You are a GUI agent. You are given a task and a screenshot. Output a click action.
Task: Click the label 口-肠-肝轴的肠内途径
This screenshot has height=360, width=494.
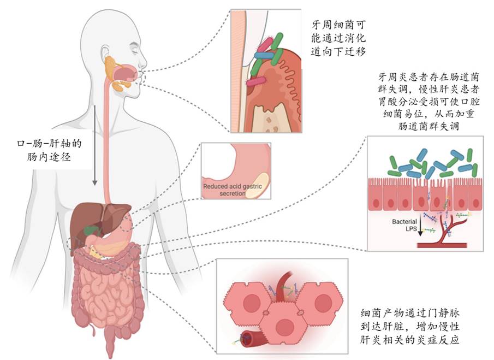tap(50, 150)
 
